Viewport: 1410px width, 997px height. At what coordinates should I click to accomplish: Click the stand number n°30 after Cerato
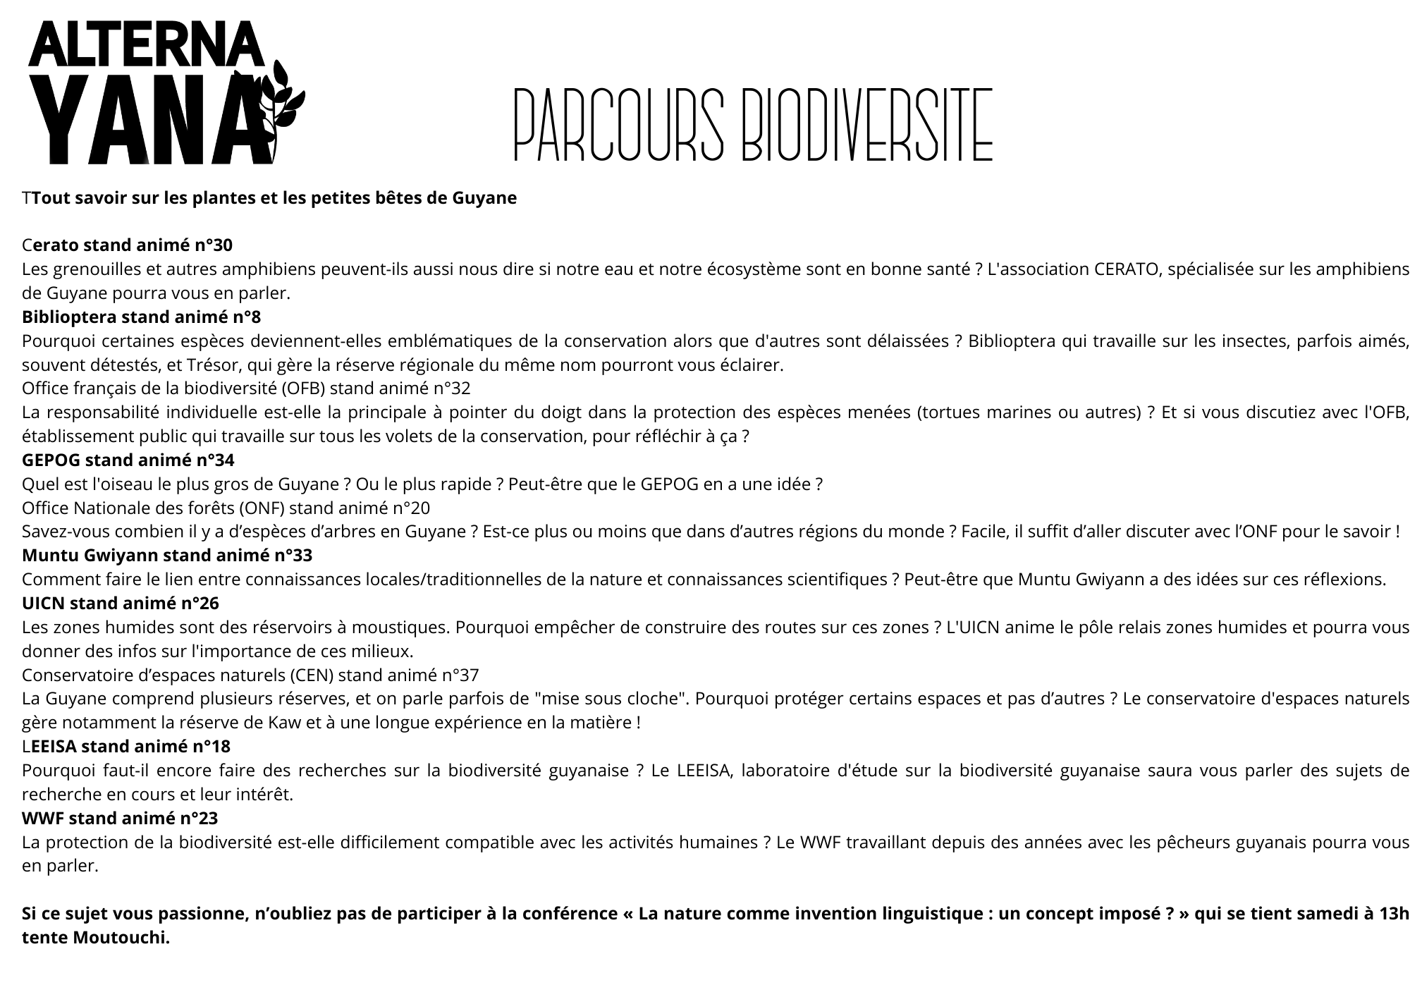click(214, 245)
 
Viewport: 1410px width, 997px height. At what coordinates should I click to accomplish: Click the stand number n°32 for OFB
click(451, 389)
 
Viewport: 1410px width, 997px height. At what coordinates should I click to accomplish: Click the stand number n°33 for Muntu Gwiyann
click(293, 556)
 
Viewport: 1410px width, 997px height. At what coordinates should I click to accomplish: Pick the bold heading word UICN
click(43, 604)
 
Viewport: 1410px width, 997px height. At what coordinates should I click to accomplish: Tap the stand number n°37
click(460, 675)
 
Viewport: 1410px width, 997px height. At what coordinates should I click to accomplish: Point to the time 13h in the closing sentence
click(1394, 914)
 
